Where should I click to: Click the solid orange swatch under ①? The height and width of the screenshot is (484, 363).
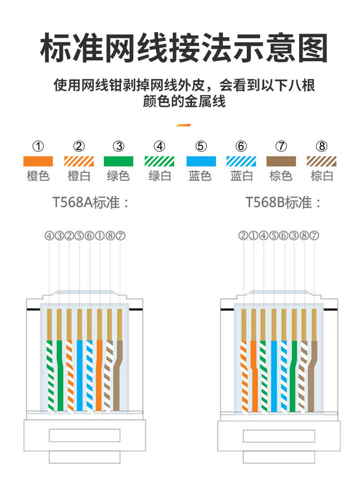pyautogui.click(x=38, y=161)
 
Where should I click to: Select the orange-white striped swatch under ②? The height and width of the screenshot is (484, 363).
pyautogui.click(x=79, y=161)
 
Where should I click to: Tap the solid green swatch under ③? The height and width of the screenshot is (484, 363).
pyautogui.click(x=119, y=161)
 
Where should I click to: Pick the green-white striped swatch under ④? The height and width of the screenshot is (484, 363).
pyautogui.click(x=159, y=161)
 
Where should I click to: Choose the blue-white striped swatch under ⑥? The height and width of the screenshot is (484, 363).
pyautogui.click(x=242, y=161)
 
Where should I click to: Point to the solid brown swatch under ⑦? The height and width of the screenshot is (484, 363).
pyautogui.click(x=281, y=161)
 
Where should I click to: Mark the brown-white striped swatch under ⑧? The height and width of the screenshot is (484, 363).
pyautogui.click(x=322, y=161)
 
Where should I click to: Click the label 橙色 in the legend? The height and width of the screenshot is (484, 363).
pyautogui.click(x=38, y=175)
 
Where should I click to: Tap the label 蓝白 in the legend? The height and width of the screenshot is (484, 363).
pyautogui.click(x=242, y=175)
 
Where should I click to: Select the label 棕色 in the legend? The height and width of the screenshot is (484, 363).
pyautogui.click(x=281, y=175)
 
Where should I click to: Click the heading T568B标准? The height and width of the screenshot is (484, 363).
pyautogui.click(x=284, y=202)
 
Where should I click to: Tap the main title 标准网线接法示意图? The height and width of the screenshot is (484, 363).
pyautogui.click(x=181, y=48)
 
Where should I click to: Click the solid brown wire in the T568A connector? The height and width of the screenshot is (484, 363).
pyautogui.click(x=120, y=378)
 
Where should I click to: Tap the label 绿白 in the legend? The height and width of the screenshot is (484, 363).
pyautogui.click(x=159, y=175)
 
